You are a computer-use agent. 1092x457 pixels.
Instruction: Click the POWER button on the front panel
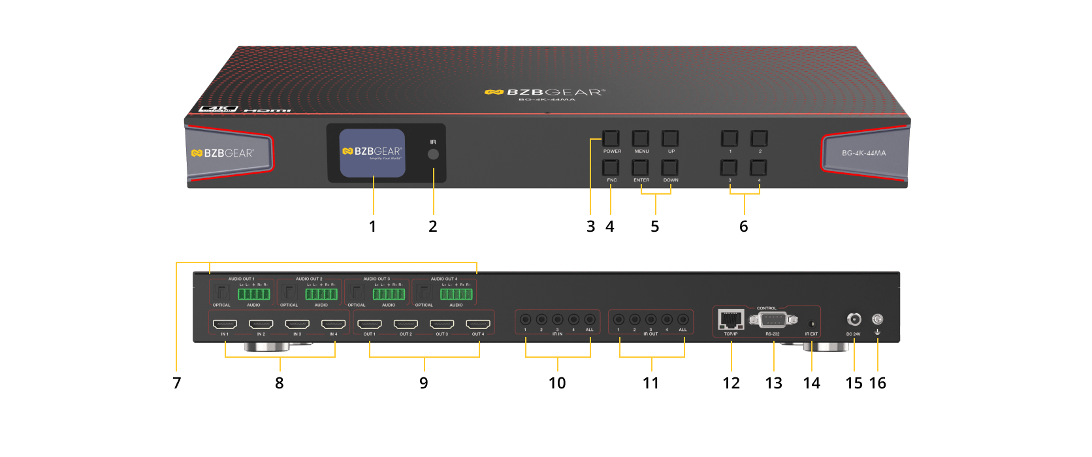tap(611, 138)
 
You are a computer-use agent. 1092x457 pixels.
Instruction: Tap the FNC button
tap(611, 167)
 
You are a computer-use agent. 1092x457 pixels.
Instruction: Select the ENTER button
tap(641, 167)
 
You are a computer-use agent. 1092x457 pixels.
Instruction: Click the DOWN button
tap(670, 167)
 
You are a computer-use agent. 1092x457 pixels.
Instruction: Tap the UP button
tap(670, 138)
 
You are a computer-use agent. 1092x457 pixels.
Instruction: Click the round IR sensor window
tap(433, 154)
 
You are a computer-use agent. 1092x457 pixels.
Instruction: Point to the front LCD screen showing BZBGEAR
tap(372, 153)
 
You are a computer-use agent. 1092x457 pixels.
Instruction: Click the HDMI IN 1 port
tap(225, 324)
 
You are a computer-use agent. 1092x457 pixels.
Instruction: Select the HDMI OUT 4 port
tap(478, 324)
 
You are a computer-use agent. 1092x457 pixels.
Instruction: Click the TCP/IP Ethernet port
tap(731, 320)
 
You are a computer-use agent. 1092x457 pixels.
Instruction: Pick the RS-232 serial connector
tap(773, 320)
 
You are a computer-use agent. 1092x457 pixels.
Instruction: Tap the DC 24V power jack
tap(854, 319)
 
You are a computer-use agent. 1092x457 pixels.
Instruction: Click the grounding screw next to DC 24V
tap(878, 319)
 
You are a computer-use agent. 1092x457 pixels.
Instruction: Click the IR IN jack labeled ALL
tap(590, 319)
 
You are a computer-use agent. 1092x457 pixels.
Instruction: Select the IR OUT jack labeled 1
tap(618, 319)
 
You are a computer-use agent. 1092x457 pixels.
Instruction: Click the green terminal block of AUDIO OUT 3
tap(389, 294)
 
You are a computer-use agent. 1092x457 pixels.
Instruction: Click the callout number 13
tap(773, 383)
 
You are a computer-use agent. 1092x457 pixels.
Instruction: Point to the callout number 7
tap(176, 383)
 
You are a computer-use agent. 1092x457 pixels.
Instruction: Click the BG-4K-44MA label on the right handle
tap(863, 153)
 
